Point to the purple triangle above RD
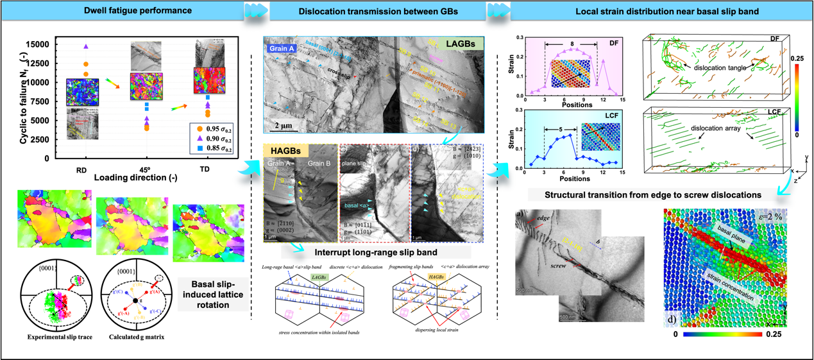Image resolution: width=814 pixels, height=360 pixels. click(x=86, y=46)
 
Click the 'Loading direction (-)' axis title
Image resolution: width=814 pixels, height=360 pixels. click(x=135, y=178)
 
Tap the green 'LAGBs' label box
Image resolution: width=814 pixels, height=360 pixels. click(x=459, y=44)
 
